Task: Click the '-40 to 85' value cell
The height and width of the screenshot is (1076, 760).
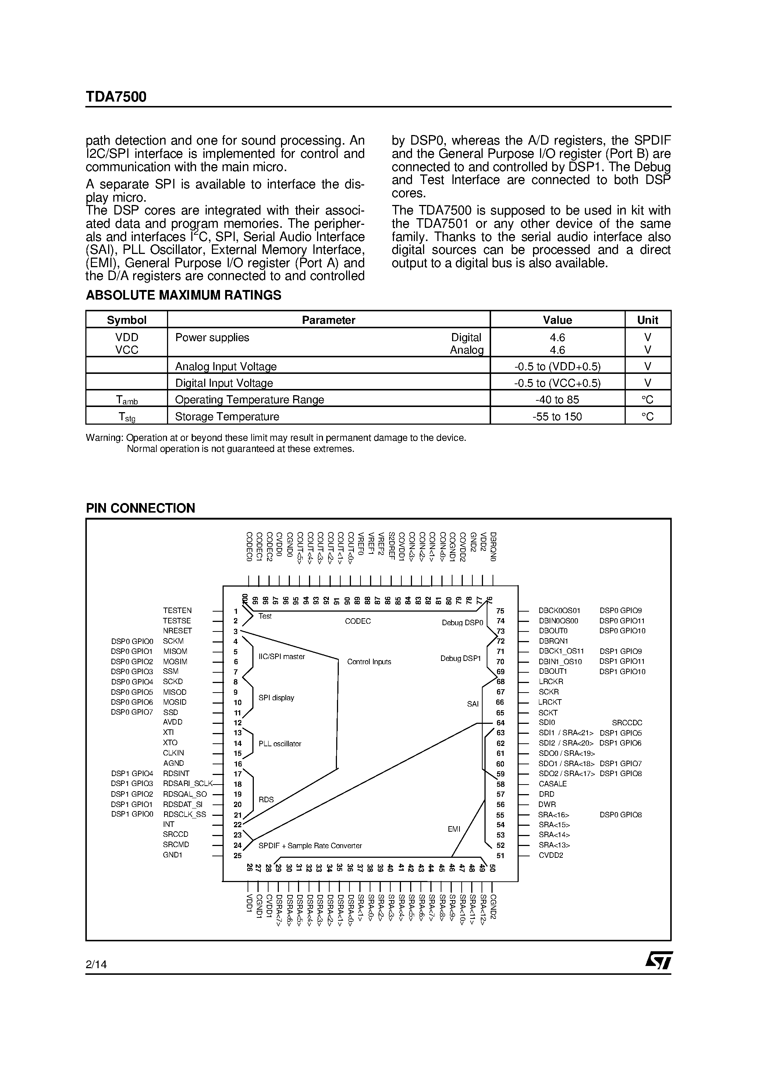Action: pos(557,400)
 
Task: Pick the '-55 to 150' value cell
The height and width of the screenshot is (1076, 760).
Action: pos(557,417)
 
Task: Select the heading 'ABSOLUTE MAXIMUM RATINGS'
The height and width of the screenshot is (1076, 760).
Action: pos(183,295)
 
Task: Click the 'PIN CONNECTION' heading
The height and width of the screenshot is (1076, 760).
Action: pos(140,509)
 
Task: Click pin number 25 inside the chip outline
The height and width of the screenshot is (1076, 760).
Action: pos(237,856)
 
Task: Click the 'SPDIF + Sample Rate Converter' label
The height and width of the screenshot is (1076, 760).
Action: pos(310,846)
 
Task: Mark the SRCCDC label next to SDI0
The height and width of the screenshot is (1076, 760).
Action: pos(627,723)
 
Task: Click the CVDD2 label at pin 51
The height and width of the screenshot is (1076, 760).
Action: pos(551,855)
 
